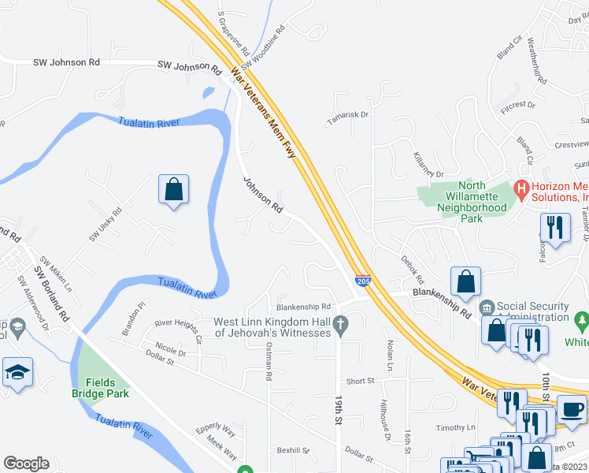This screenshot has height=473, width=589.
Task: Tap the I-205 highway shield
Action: click(x=362, y=281)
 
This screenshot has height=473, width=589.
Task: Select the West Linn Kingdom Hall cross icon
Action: click(x=340, y=324)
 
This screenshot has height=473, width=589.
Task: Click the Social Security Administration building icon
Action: click(x=487, y=307)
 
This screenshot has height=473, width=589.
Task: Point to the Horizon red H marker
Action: click(x=520, y=189)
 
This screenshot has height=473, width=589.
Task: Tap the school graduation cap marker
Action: click(x=17, y=371)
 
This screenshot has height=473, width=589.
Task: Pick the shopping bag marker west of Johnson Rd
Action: click(x=173, y=190)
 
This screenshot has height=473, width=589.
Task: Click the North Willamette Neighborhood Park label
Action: click(x=472, y=202)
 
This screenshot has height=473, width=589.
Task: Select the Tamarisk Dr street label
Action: click(x=349, y=114)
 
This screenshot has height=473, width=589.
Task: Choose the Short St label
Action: click(x=360, y=381)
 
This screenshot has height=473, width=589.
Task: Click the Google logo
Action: click(x=26, y=464)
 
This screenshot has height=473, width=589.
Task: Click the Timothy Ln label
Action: click(x=457, y=427)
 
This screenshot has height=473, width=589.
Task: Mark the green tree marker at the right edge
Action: click(x=582, y=322)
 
